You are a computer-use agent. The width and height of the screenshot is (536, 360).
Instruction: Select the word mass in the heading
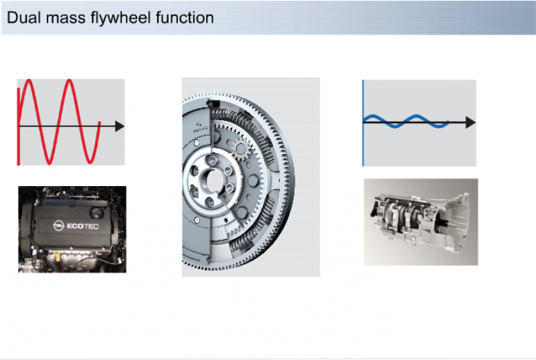(x=66, y=19)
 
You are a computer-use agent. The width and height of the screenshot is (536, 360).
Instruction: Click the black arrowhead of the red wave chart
(x=120, y=126)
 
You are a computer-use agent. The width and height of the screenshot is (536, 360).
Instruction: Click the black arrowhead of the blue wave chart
(x=470, y=122)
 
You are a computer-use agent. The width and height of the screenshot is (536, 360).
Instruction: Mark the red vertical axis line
(x=19, y=126)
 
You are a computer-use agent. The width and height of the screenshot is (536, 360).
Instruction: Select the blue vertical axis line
(x=363, y=123)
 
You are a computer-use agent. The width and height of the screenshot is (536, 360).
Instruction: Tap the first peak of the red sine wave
(x=29, y=81)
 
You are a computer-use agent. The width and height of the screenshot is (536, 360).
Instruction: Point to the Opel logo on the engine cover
(x=59, y=226)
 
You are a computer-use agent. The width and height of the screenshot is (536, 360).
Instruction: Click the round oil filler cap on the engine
(x=97, y=213)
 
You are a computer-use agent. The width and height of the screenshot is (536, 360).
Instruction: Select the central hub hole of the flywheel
(x=211, y=179)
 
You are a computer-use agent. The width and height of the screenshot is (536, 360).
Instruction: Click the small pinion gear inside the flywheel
(x=241, y=149)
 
